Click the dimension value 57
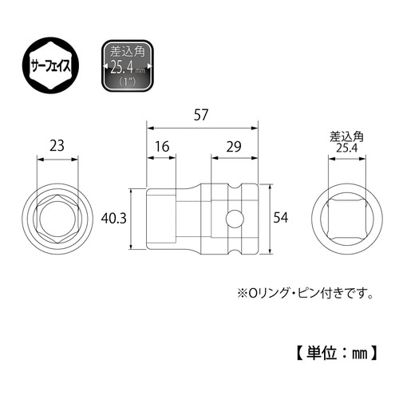[201, 114]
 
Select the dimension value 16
[161, 146]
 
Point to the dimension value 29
[234, 146]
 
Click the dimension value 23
[58, 146]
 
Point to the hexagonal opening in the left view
[58, 218]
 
